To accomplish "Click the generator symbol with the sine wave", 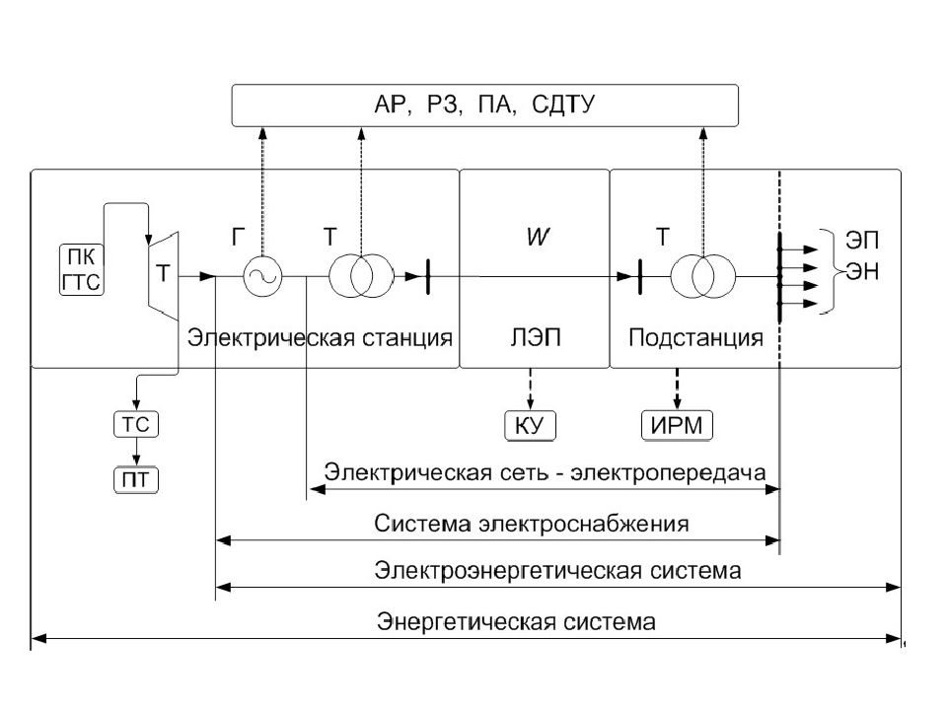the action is (x=262, y=276).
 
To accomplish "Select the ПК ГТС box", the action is (x=82, y=270).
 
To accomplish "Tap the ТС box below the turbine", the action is (x=136, y=424).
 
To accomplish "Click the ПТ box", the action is (x=136, y=480).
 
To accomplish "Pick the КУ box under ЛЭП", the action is (x=530, y=425).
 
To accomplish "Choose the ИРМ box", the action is (x=677, y=425).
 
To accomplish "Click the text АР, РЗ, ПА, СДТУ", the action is (x=484, y=105).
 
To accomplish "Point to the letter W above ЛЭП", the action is (x=538, y=237).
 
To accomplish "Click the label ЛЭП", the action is (x=535, y=337).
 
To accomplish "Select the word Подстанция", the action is (x=695, y=337).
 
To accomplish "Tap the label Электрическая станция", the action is (x=320, y=337).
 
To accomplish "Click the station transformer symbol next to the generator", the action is (x=361, y=276).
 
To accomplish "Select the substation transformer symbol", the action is (x=703, y=276).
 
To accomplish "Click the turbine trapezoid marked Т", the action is (x=163, y=275).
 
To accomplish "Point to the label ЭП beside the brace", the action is (x=862, y=241).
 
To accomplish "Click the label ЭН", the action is (x=862, y=271).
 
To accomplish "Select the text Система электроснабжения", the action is (x=531, y=523).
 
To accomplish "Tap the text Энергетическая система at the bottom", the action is (x=516, y=621).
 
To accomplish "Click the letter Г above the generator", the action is (x=238, y=238).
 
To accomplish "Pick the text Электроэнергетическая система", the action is (x=557, y=570).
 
